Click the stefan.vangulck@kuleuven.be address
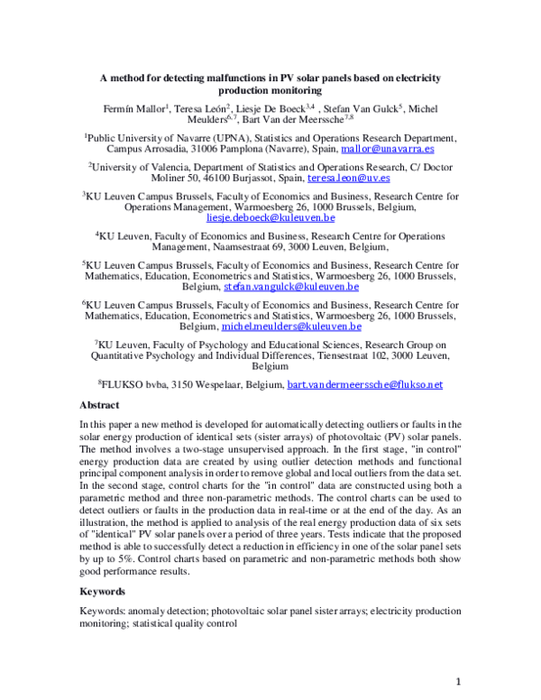coord(291,287)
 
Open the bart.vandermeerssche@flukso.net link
coord(364,384)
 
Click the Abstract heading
coord(99,405)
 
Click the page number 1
coord(458,680)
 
